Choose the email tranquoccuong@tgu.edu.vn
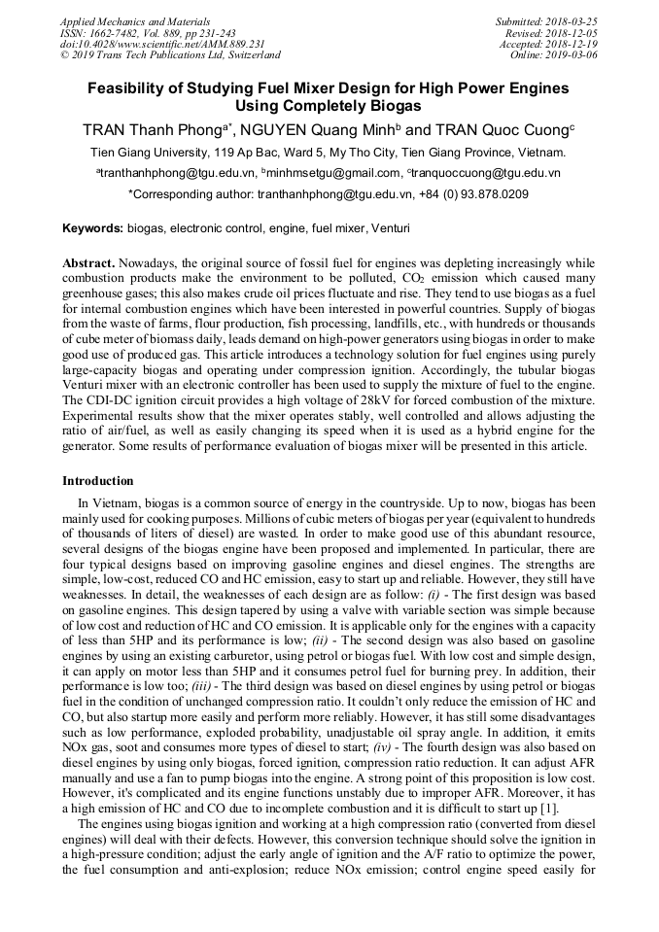(486, 173)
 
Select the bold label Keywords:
(93, 228)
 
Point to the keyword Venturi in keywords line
(390, 228)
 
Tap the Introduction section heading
(98, 481)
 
